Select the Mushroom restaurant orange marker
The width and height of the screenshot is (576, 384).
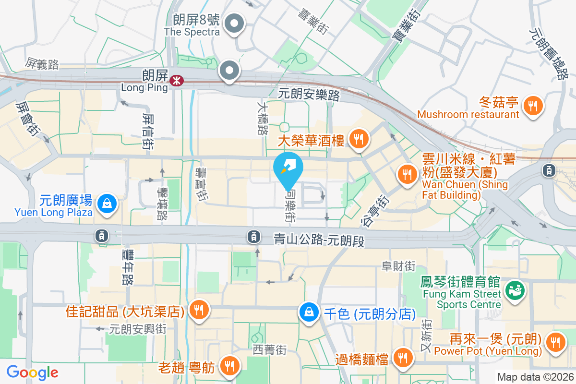[532, 105]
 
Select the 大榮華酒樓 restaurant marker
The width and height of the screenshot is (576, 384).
[358, 140]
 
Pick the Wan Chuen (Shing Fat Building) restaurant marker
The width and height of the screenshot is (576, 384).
[408, 174]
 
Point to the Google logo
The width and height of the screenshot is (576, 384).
[32, 372]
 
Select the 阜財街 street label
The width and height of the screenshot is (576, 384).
[398, 266]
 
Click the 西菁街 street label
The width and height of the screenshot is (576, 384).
[270, 350]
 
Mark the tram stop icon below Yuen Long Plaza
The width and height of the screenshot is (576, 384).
[101, 235]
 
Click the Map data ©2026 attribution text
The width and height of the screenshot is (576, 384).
[535, 377]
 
